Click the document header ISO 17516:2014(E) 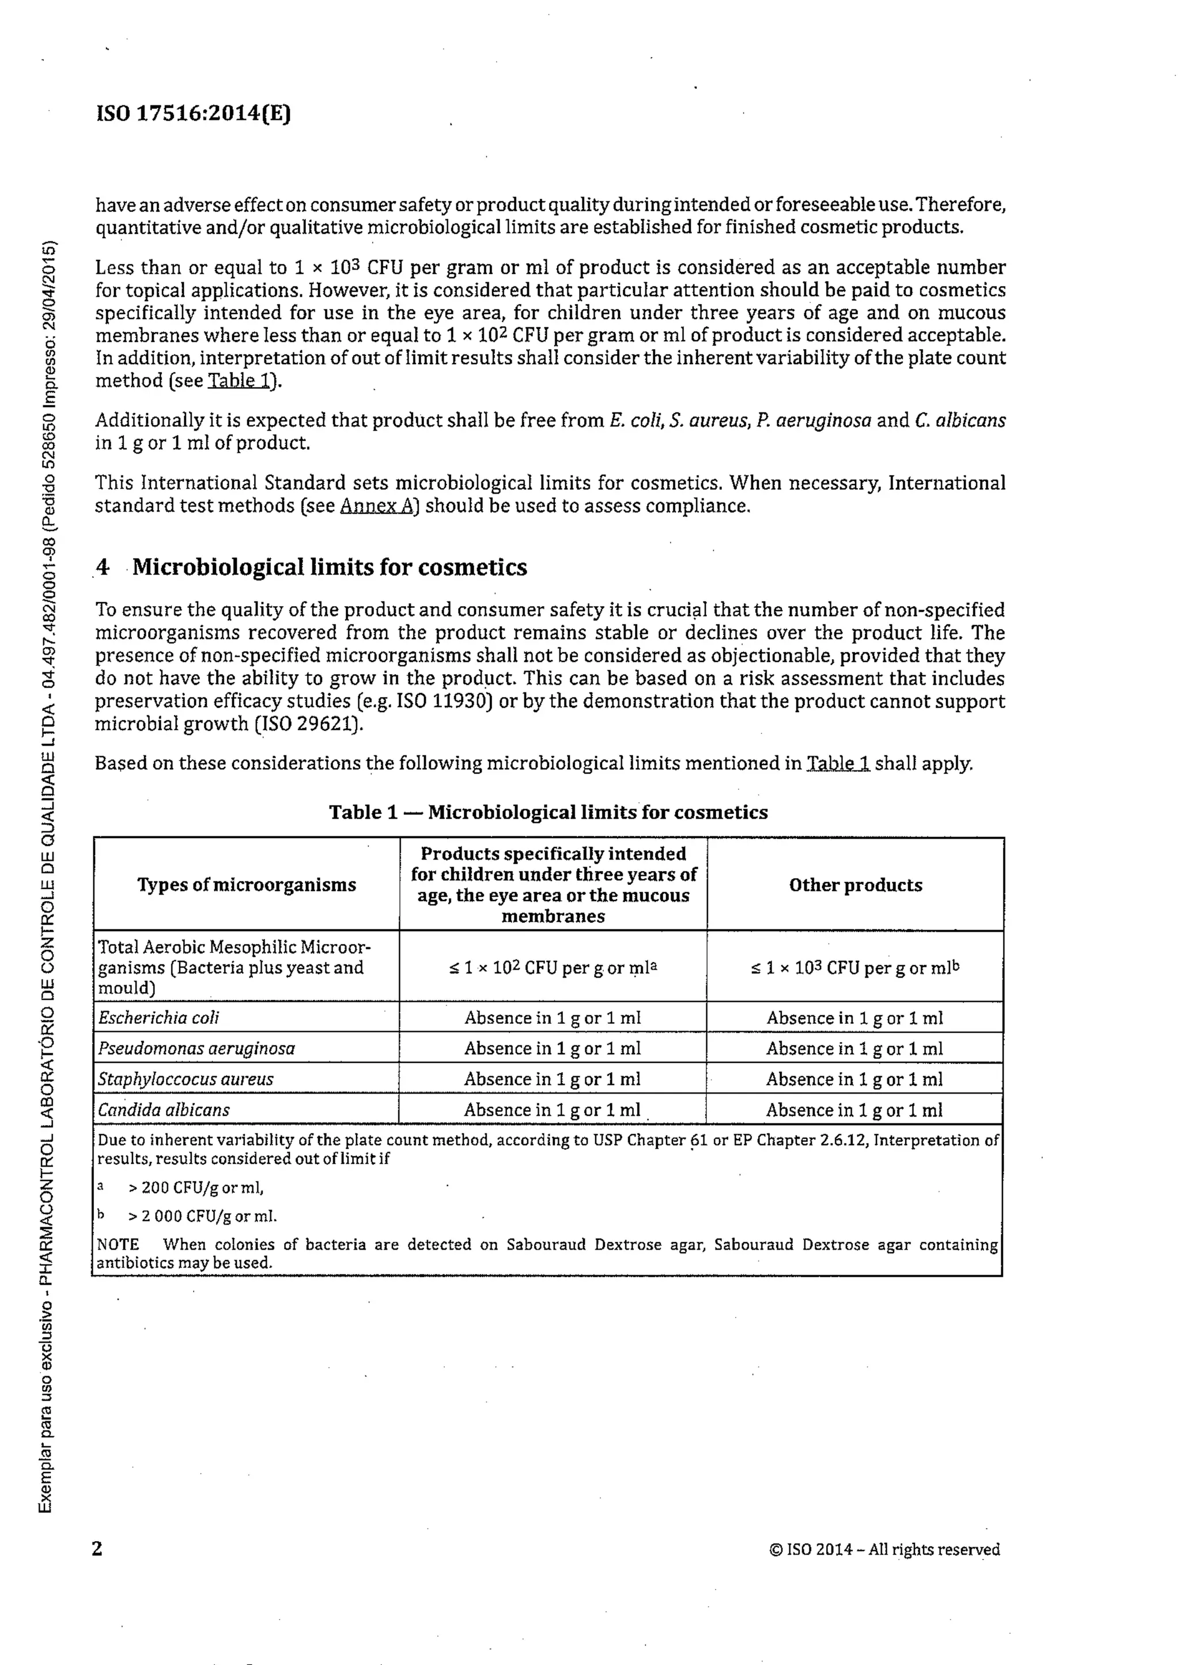tap(192, 113)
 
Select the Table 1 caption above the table tap(548, 812)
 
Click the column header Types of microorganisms tap(247, 885)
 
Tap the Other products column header tap(855, 885)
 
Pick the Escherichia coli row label tap(158, 1018)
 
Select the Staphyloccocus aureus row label tap(186, 1079)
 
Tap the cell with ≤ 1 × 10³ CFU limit tap(855, 968)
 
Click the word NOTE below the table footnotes tap(118, 1244)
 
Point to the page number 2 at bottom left tap(97, 1549)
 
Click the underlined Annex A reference tap(376, 506)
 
